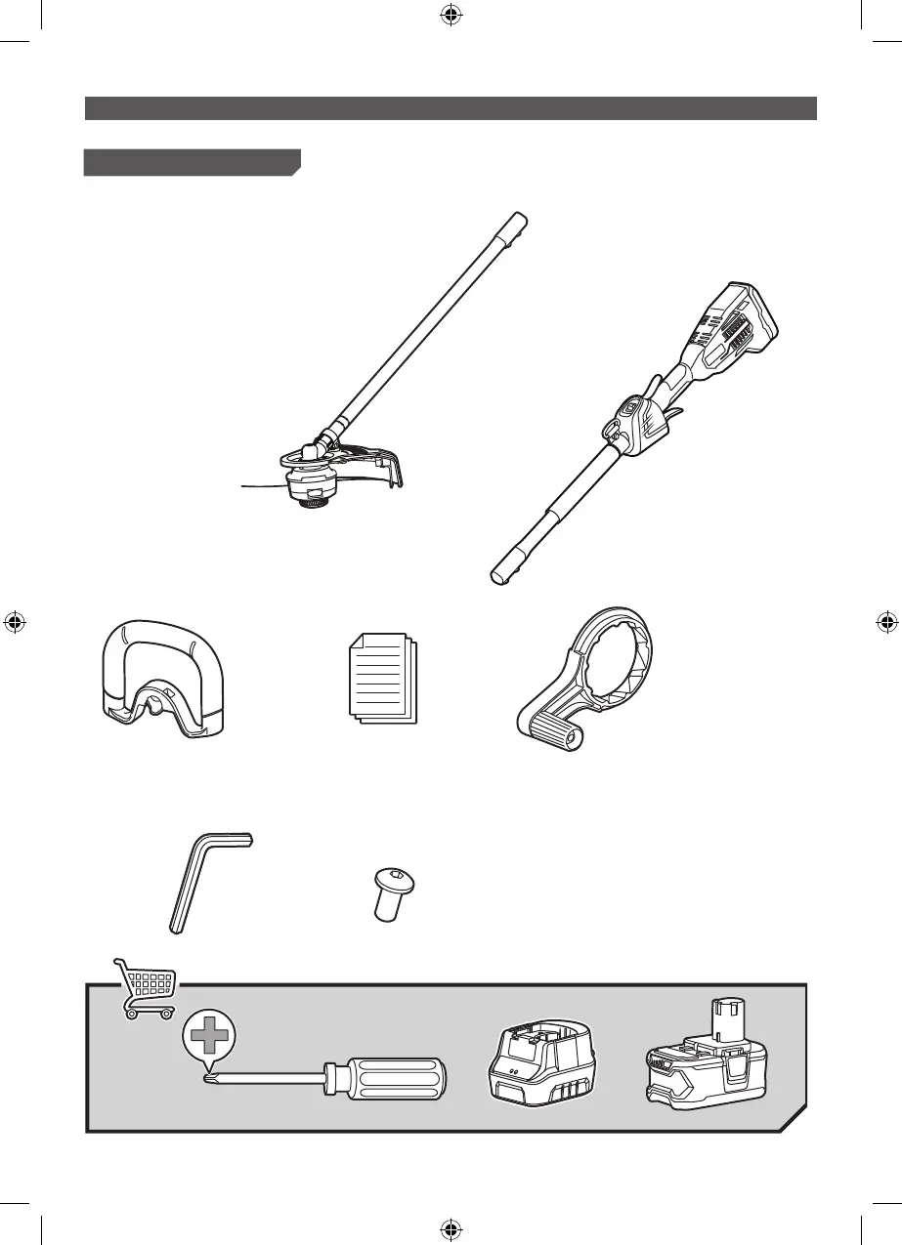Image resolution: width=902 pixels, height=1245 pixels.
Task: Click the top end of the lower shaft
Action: pos(519,220)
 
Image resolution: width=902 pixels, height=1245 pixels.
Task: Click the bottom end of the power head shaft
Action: pos(501,573)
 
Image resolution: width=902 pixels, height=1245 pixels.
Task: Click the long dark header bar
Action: pos(451,108)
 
